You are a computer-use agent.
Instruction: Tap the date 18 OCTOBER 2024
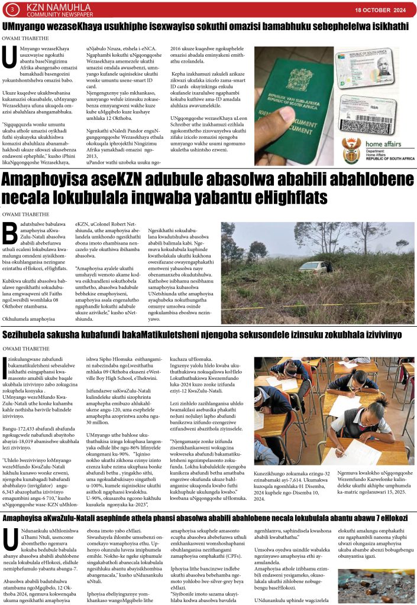(380, 11)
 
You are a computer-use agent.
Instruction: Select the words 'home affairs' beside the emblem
(385, 144)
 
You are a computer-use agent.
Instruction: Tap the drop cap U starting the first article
(9, 58)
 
